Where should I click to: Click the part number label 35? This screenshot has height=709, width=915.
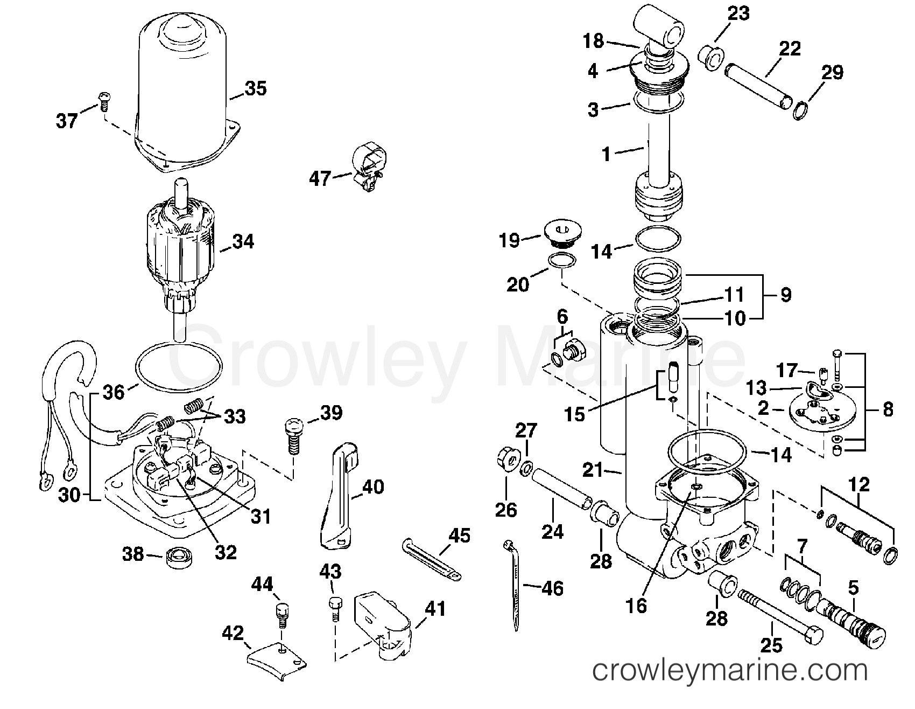pyautogui.click(x=255, y=88)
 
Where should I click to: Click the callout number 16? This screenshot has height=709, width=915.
pyautogui.click(x=636, y=606)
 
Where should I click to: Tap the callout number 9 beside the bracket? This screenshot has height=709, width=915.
pyautogui.click(x=786, y=295)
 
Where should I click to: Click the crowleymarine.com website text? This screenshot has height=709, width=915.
pyautogui.click(x=729, y=671)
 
